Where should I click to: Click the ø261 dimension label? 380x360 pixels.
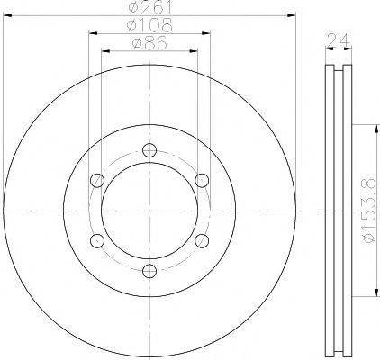tap(149, 7)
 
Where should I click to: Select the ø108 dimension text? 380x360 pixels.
tap(149, 25)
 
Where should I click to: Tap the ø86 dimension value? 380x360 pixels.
tap(149, 43)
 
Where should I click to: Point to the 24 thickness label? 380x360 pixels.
tap(339, 40)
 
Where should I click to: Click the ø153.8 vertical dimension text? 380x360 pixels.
tap(368, 211)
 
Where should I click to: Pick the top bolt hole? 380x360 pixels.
tap(149, 150)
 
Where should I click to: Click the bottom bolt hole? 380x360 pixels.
tap(149, 271)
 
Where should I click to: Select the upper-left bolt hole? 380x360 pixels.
tap(97, 181)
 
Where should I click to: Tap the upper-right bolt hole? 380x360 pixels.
tap(202, 180)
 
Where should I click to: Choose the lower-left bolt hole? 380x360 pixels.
tap(97, 241)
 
